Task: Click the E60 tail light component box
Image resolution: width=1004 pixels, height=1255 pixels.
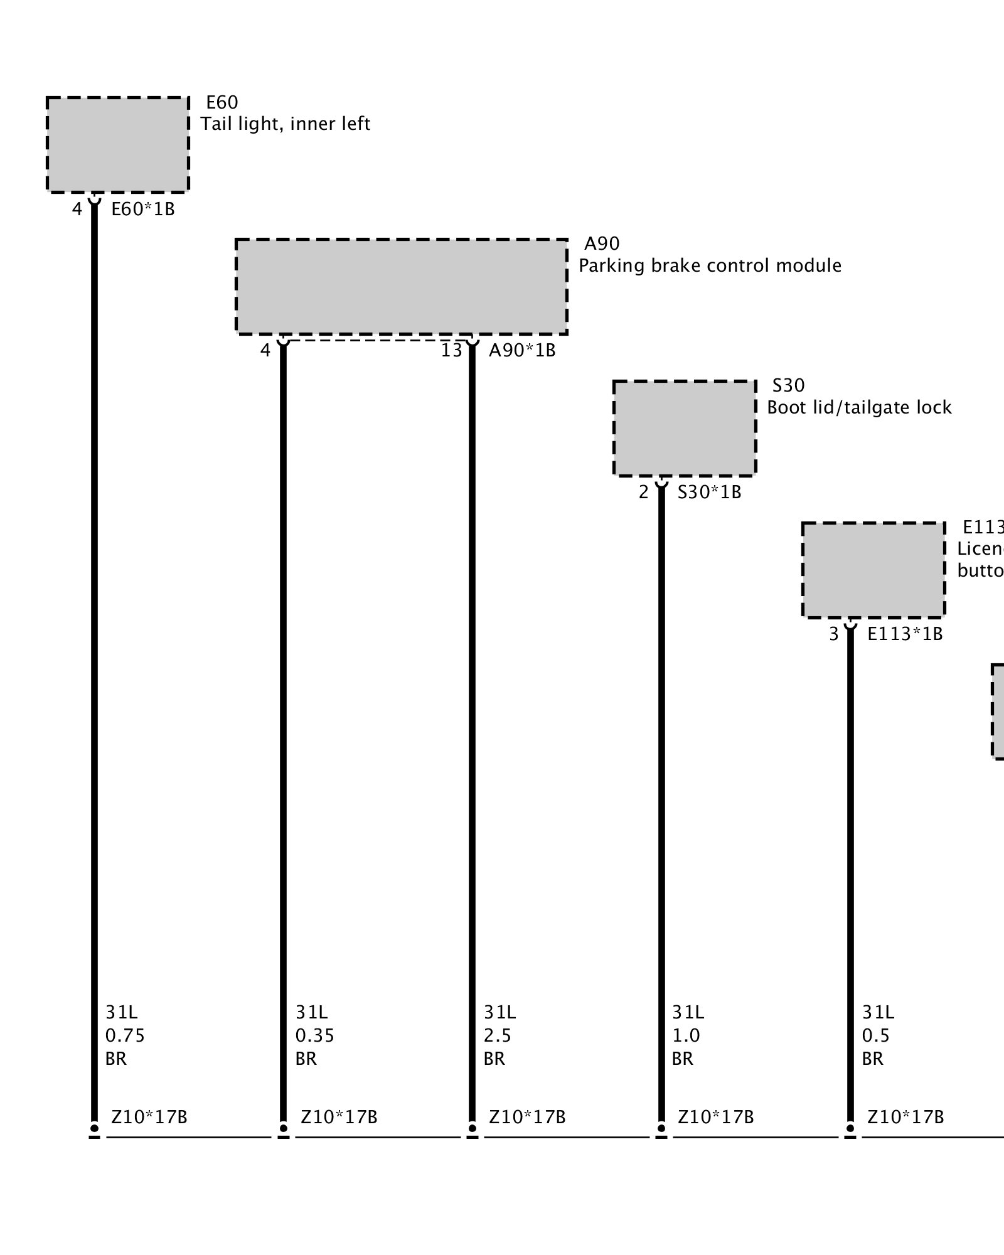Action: (117, 144)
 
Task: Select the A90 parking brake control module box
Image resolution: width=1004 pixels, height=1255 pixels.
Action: (402, 286)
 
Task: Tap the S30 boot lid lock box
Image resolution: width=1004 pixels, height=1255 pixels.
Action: (685, 428)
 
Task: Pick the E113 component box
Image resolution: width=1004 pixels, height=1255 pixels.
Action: (873, 570)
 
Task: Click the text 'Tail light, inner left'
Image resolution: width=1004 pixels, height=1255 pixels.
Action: (286, 124)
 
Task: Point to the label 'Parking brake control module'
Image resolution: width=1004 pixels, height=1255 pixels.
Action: (710, 265)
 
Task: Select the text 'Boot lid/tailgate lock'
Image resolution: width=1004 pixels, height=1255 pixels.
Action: (859, 407)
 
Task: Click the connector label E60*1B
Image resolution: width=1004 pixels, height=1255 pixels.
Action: (143, 209)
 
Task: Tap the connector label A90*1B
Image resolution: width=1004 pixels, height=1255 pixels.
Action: (522, 350)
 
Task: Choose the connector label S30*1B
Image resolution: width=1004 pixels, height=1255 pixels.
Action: (709, 492)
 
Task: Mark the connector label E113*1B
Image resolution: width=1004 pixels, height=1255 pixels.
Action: (905, 634)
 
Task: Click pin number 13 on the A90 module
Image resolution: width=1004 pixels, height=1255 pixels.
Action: (451, 350)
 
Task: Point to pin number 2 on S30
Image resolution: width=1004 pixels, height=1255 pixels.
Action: (643, 492)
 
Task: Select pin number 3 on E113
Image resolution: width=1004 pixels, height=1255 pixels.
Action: (833, 634)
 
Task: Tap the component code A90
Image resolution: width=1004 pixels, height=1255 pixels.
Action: (602, 243)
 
